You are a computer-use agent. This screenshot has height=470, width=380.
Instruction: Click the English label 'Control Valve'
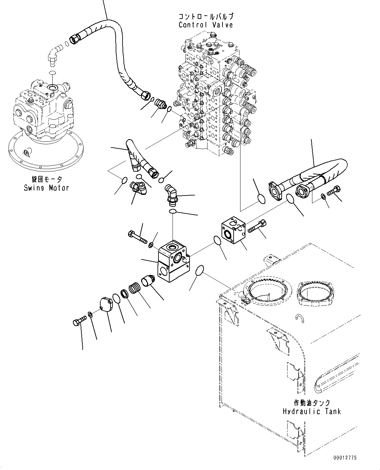[x=206, y=25]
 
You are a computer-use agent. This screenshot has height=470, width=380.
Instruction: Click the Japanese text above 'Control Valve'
[x=206, y=16]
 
